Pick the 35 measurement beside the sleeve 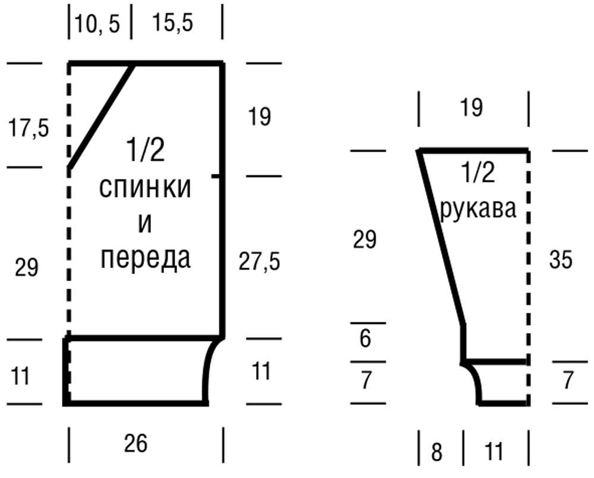pyautogui.click(x=560, y=260)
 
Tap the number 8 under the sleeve pyautogui.click(x=437, y=452)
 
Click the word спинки pyautogui.click(x=145, y=188)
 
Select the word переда pyautogui.click(x=146, y=259)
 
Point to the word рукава pyautogui.click(x=478, y=209)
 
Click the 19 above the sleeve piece pyautogui.click(x=472, y=108)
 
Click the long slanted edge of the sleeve pyautogui.click(x=443, y=238)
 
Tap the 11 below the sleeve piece pyautogui.click(x=494, y=452)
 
